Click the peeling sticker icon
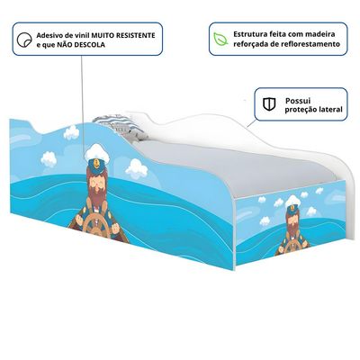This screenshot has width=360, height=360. (x=24, y=40)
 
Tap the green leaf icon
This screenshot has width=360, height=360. (x=220, y=39)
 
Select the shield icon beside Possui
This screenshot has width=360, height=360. (x=269, y=104)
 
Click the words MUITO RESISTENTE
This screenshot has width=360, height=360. (x=123, y=35)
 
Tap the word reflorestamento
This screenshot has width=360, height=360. (x=310, y=44)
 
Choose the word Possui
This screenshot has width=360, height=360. (x=298, y=101)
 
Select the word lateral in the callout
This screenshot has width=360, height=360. (x=331, y=110)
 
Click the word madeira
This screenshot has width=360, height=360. (x=320, y=34)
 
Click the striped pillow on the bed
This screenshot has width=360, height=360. (x=120, y=126)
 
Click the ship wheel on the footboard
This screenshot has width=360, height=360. (x=292, y=247)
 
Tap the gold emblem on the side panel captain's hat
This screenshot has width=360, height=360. (x=96, y=164)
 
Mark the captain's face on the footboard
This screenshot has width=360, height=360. (x=292, y=218)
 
